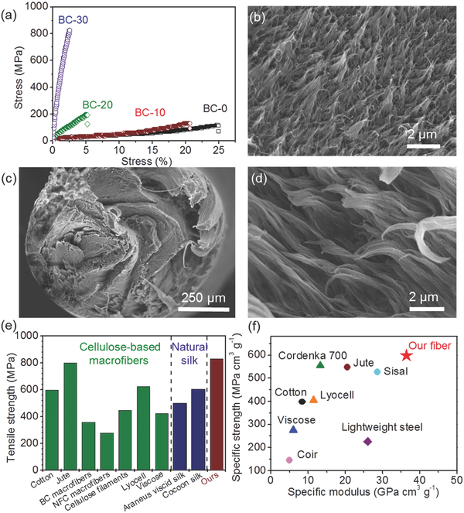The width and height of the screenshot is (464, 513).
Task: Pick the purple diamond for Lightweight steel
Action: coord(367,441)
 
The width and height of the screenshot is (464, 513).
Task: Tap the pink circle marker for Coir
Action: coord(289,460)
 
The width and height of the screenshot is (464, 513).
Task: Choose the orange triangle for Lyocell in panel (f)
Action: coord(313,399)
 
